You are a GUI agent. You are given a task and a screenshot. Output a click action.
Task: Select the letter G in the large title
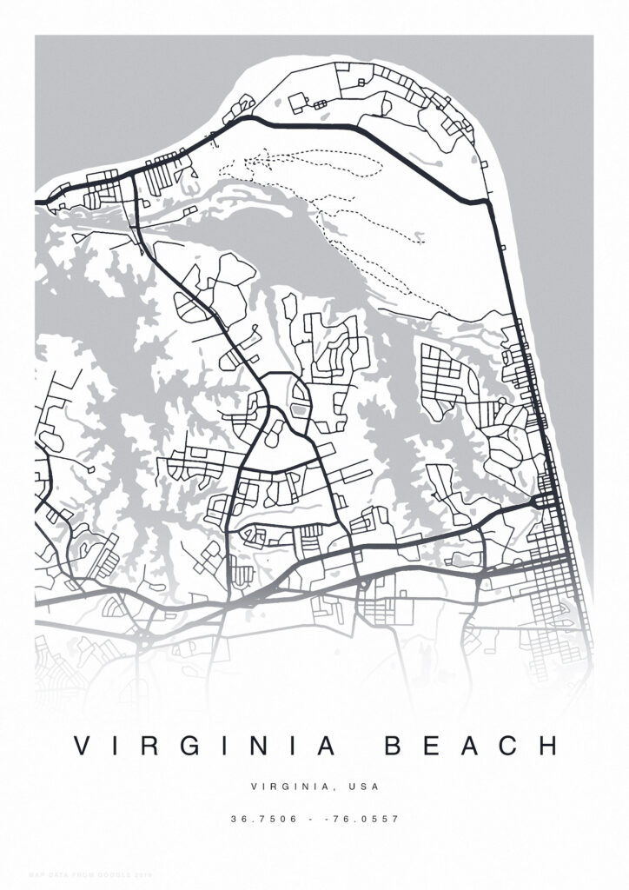coord(190,746)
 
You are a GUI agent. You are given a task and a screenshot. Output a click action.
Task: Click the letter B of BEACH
coord(392,746)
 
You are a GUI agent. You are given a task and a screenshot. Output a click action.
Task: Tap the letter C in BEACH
coord(509,746)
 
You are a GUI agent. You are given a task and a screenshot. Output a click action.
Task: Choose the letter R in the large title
coord(153,746)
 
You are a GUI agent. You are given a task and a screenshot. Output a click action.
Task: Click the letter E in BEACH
coord(431,746)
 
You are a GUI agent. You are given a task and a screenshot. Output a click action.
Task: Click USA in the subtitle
coord(362,787)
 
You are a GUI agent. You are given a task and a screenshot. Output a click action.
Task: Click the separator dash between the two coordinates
coord(314,819)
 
